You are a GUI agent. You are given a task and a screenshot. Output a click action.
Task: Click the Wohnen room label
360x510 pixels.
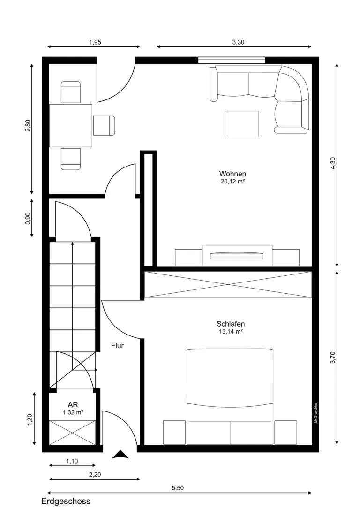232,174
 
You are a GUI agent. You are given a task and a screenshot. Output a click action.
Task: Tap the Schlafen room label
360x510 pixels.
230,324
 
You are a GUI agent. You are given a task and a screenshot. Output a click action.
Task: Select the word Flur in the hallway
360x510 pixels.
117,345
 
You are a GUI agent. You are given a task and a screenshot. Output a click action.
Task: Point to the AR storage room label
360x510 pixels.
73,405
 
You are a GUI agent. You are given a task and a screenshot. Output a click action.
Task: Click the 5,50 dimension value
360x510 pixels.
178,488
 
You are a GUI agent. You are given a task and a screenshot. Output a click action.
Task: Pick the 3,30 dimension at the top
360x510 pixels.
238,42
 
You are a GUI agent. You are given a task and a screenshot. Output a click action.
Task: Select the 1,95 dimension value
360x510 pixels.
95,42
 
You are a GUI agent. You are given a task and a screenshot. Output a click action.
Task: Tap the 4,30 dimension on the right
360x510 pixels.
332,163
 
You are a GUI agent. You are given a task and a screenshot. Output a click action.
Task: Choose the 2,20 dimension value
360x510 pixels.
95,474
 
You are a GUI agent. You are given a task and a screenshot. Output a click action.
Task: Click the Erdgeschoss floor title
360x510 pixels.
66,501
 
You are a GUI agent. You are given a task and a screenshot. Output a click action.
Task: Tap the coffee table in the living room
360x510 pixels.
242,123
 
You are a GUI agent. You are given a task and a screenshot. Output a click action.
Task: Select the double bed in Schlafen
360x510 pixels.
230,396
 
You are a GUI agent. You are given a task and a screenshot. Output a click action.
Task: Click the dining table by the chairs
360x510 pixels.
70,126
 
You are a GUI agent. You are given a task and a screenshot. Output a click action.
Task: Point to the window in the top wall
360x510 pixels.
232,60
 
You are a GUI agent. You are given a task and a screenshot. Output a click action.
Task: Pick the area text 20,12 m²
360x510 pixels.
232,182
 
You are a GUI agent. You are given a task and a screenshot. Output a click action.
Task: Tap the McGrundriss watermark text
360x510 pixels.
315,413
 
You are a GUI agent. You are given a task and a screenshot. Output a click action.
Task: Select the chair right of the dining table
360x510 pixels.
104,126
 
